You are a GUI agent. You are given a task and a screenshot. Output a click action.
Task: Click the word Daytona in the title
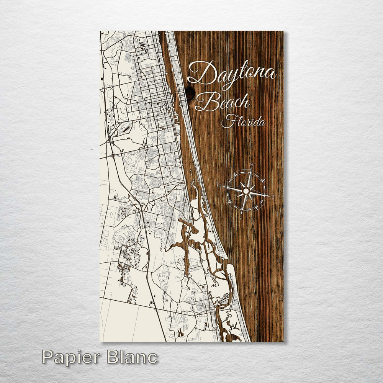coord(232,74)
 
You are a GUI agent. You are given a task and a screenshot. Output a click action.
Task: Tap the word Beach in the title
coord(226,101)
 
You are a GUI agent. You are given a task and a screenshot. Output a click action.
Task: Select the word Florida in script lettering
coord(244,122)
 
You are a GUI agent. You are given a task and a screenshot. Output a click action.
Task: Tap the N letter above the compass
coord(252,165)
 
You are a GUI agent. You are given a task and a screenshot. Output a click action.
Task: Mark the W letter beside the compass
coord(219,186)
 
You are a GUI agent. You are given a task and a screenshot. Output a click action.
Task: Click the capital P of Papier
coord(47,357)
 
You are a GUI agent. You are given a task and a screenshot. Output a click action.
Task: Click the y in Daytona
coord(224,77)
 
